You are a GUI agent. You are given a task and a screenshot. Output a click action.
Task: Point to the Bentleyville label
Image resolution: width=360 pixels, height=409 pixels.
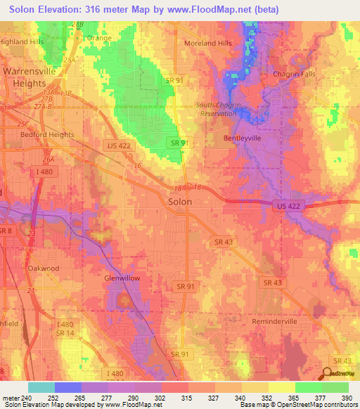tap(242, 138)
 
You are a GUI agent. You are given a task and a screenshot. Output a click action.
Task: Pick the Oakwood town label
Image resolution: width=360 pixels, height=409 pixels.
tap(43, 268)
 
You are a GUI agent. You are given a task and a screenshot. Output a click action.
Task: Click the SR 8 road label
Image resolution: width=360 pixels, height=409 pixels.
tap(6, 231)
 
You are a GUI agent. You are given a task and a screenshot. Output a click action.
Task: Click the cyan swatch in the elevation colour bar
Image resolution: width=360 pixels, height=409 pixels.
tap(41, 387)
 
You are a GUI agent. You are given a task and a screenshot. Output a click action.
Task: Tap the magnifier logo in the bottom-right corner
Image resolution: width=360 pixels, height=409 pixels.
tap(327, 374)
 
